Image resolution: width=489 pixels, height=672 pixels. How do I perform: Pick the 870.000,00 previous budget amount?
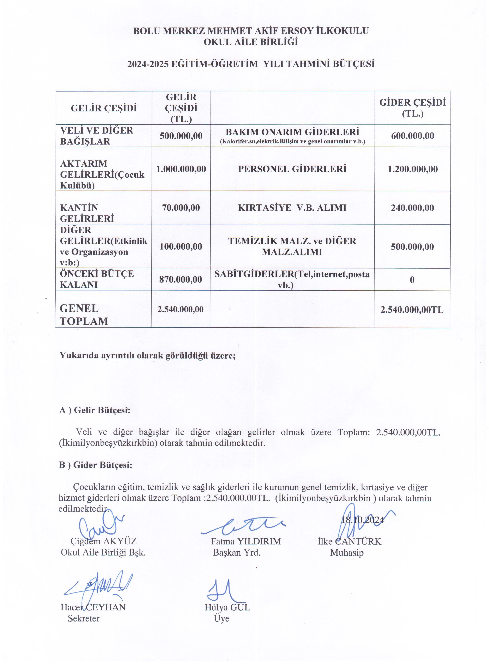click(181, 279)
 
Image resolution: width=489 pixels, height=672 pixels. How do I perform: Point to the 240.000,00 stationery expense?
click(412, 208)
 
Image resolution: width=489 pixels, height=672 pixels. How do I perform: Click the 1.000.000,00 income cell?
click(181, 169)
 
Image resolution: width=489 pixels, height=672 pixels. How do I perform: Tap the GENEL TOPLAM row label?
click(84, 315)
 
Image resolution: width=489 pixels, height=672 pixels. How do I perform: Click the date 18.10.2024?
click(362, 520)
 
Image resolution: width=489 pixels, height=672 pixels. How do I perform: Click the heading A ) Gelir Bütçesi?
click(95, 410)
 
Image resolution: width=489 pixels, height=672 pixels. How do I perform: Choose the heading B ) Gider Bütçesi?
click(95, 465)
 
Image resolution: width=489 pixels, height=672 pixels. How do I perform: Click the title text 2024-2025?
click(148, 64)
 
